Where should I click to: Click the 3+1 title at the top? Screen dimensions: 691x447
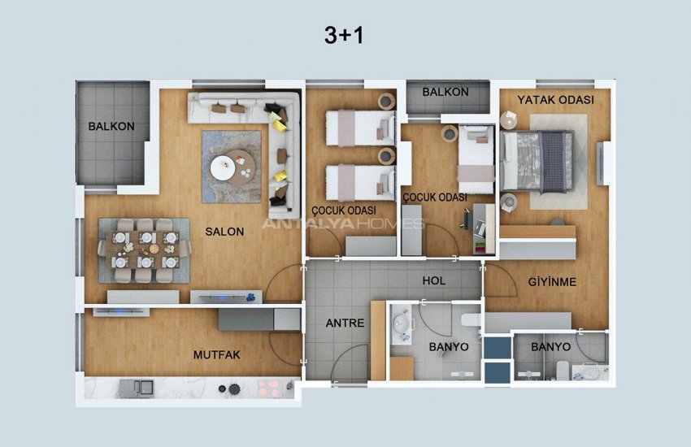coord(344,35)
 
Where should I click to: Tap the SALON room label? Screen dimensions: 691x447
coord(224,232)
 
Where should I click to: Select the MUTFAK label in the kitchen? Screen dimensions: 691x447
coord(217,354)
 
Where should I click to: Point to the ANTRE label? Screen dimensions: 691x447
coord(345,323)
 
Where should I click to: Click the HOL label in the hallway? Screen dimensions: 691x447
coord(433,280)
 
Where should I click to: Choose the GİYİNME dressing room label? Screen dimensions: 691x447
coord(552,281)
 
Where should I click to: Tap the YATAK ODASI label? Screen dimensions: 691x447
coord(555,100)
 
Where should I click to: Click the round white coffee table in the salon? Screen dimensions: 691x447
coord(223,167)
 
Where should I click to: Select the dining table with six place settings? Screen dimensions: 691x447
coord(144,250)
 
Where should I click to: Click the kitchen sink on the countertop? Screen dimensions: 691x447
coord(136,388)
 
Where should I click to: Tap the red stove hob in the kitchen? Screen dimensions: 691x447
coord(269,388)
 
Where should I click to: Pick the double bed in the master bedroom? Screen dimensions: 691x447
coord(537,162)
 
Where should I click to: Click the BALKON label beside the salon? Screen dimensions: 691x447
coord(111,127)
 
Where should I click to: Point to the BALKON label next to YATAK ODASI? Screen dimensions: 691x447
coord(445,92)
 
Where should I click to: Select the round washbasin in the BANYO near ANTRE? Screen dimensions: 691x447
coord(402,323)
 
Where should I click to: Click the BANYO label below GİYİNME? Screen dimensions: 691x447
coord(550,347)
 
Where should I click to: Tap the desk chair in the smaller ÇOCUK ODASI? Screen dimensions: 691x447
coord(467,219)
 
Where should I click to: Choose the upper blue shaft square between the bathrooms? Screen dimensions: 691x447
coord(497,348)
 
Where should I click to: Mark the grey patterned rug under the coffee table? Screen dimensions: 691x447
coord(232,167)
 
